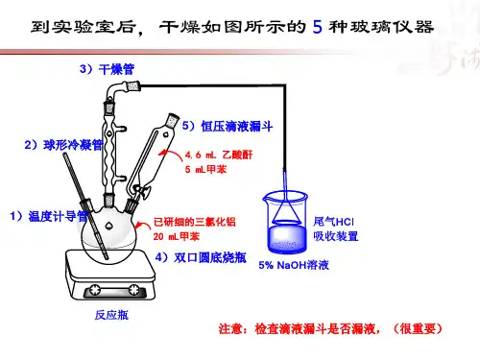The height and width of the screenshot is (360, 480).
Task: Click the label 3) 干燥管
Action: tap(107, 69)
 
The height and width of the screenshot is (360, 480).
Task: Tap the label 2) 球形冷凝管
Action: tap(63, 145)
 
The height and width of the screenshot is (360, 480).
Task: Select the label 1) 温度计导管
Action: tap(49, 216)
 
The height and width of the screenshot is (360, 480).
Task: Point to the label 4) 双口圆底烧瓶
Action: tap(201, 257)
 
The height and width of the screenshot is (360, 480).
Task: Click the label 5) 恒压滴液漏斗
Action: tap(228, 126)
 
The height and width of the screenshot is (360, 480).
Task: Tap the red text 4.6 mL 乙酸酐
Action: tap(219, 155)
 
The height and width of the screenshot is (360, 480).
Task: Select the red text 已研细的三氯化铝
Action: tap(195, 222)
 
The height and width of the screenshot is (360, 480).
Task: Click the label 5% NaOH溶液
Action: tap(294, 265)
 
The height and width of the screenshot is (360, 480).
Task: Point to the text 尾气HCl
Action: tap(333, 222)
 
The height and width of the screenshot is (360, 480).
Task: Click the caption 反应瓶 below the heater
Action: tap(111, 315)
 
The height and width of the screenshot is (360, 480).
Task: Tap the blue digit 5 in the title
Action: tap(317, 27)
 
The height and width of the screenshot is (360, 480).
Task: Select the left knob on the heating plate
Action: tap(95, 290)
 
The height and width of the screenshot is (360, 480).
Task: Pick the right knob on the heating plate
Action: tap(133, 290)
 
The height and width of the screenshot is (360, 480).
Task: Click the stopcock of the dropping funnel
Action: tap(142, 191)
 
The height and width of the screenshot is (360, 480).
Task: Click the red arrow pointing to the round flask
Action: tap(142, 225)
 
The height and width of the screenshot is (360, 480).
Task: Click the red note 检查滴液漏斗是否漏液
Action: tap(317, 328)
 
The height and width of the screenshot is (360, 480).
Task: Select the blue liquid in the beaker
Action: tap(286, 239)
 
